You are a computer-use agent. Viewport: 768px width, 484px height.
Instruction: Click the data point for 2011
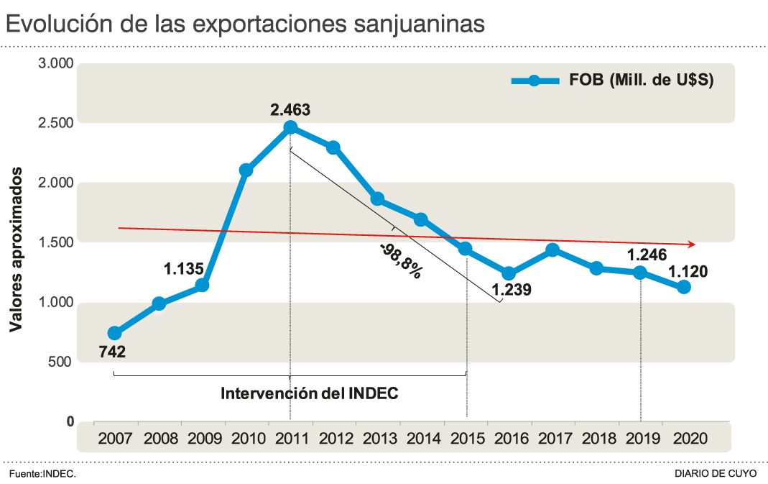290,127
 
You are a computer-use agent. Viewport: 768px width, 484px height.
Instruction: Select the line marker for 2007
114,333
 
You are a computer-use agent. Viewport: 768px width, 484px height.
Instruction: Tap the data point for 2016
509,273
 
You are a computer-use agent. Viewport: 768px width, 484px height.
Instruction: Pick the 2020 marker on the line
684,287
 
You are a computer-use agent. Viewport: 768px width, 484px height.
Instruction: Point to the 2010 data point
246,170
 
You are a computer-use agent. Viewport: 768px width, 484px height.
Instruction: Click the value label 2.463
290,110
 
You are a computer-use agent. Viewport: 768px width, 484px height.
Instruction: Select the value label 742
111,352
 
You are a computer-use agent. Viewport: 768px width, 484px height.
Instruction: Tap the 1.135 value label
185,269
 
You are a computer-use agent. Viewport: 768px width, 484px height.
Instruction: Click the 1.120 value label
688,271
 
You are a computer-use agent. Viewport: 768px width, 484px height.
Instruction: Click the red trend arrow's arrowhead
691,245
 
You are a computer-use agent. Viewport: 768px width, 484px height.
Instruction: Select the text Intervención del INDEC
309,394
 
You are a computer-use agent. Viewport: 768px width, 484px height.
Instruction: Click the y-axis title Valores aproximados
15,250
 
